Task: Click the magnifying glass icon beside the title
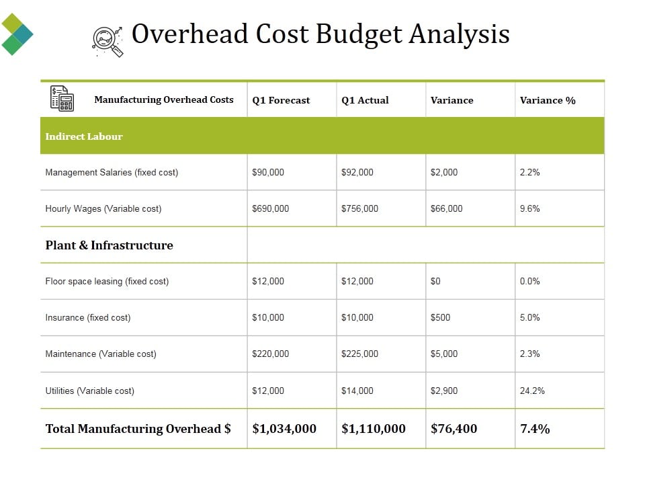click(x=107, y=40)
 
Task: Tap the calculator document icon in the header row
click(x=62, y=98)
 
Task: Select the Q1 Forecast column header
click(x=281, y=100)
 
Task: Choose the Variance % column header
click(x=548, y=100)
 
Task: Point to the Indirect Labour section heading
click(x=84, y=136)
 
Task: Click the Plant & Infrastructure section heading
click(x=109, y=245)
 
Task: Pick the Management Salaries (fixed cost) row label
click(x=112, y=172)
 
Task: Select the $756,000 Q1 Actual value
click(x=359, y=208)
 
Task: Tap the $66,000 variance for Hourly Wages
click(x=446, y=208)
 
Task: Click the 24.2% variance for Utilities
click(x=532, y=391)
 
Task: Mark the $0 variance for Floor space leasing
click(x=435, y=281)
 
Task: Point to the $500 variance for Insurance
click(x=440, y=317)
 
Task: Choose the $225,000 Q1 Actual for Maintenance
click(x=359, y=354)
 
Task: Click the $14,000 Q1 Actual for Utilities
click(x=357, y=391)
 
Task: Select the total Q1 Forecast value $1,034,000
click(x=284, y=428)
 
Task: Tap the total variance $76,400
click(x=454, y=428)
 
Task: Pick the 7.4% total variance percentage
click(x=535, y=428)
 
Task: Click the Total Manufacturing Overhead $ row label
click(x=138, y=428)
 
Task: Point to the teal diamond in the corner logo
click(x=24, y=34)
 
